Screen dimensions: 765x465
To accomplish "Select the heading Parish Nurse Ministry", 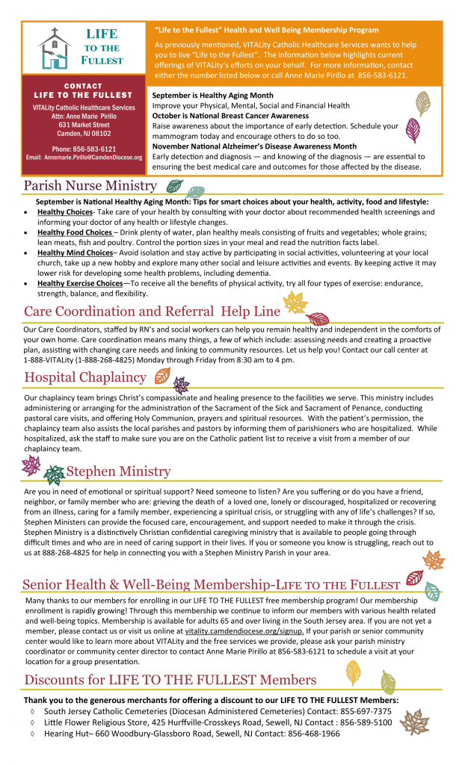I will click(x=90, y=185).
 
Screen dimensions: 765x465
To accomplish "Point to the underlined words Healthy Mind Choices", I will click(x=74, y=253).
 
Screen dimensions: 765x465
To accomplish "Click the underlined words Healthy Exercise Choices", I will click(x=79, y=284).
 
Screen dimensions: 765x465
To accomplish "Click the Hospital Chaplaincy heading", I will click(x=84, y=377).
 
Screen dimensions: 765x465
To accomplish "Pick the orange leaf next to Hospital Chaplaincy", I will click(x=161, y=376).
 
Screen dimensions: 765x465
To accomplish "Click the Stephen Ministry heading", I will click(x=118, y=471).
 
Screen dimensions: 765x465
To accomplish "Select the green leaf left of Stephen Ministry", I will click(x=54, y=474).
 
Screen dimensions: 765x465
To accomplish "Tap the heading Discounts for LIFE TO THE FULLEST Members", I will click(x=170, y=680).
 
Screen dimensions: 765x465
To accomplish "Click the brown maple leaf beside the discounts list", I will click(x=414, y=722).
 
